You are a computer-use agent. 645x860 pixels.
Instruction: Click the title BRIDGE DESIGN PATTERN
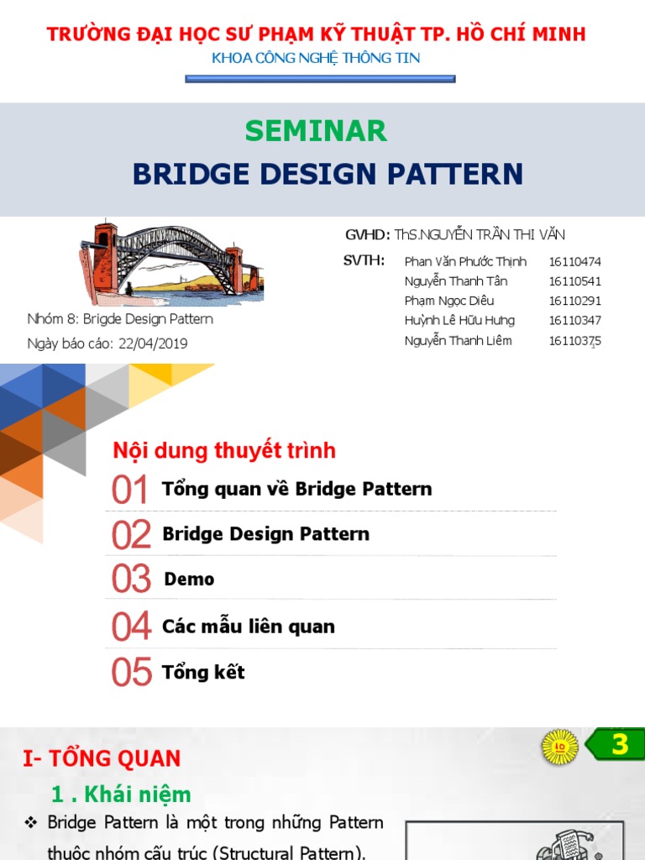[328, 174]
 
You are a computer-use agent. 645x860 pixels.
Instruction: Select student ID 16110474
[574, 262]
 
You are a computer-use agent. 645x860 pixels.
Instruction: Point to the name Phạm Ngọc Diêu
[448, 301]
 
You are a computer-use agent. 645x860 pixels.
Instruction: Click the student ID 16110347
[574, 321]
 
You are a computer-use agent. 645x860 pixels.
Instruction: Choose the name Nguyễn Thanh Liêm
[458, 341]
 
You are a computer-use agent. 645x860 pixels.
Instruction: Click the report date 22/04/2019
[153, 343]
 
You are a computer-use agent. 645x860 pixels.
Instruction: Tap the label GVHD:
[367, 235]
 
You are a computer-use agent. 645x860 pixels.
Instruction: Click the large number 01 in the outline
[130, 490]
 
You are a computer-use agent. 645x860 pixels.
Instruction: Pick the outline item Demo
[189, 579]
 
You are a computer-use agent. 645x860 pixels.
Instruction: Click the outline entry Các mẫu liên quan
[249, 627]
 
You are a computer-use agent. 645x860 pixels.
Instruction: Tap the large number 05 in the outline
[132, 673]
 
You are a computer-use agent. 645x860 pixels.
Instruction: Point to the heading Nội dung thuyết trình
[224, 451]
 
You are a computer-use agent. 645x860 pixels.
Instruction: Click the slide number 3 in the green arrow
[620, 745]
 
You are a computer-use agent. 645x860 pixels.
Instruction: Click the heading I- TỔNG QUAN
[102, 759]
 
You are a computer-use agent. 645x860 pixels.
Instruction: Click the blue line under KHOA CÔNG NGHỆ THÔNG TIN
[319, 80]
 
